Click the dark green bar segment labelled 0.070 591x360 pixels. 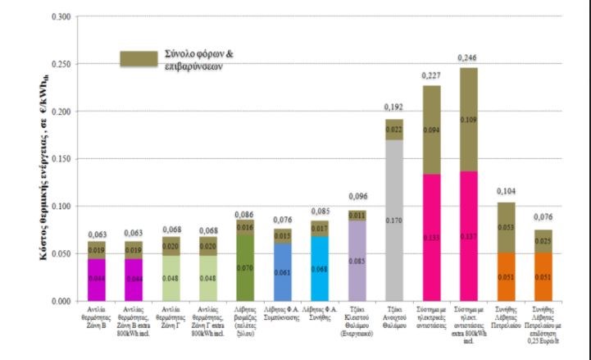pos(245,267)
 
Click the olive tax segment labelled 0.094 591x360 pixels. pos(432,130)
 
